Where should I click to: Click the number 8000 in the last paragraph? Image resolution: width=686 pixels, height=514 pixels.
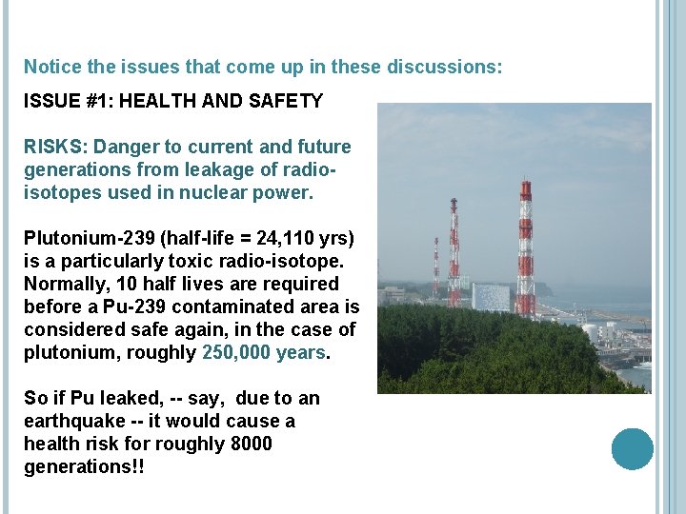[x=251, y=444]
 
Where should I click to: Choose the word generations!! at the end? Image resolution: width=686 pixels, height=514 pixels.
[x=84, y=466]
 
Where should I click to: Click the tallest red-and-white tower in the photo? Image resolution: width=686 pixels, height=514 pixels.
[x=524, y=247]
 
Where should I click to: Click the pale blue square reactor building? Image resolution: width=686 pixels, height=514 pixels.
[x=491, y=297]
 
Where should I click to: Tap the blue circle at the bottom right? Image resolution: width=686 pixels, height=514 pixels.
[x=633, y=449]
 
